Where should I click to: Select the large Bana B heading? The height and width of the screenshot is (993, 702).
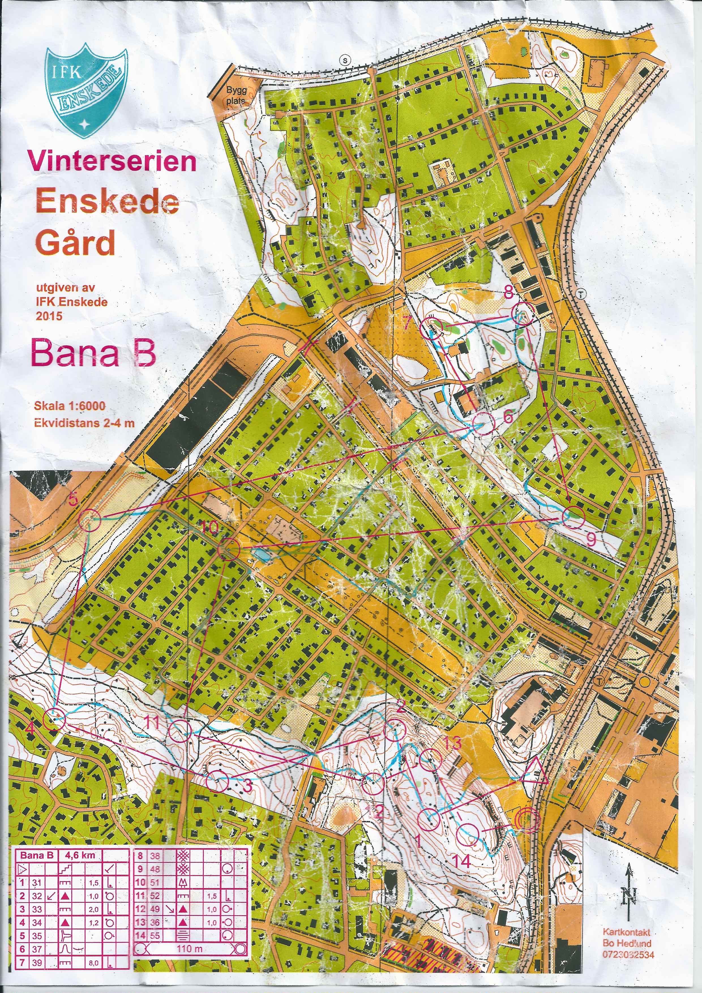tap(93, 353)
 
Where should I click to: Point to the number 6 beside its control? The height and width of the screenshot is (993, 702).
tap(508, 416)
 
